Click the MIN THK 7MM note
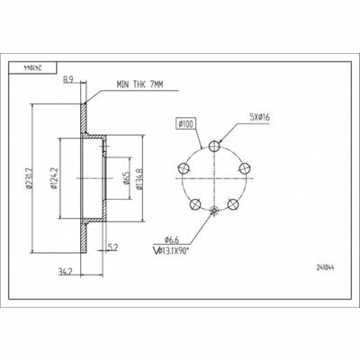[139, 85]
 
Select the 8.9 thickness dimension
[68, 80]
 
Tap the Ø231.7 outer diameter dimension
[29, 178]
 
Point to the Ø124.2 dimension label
[54, 178]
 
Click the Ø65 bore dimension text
[126, 178]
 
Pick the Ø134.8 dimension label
[139, 179]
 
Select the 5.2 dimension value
[112, 247]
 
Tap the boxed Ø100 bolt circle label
[186, 123]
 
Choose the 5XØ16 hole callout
[260, 117]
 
